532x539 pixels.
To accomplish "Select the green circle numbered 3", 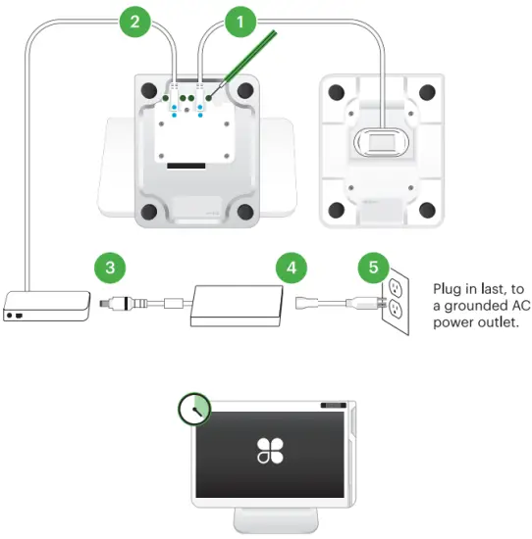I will tap(110, 267).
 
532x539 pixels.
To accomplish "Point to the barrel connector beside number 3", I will tap(126, 302).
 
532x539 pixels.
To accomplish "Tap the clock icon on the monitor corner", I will tap(195, 410).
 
